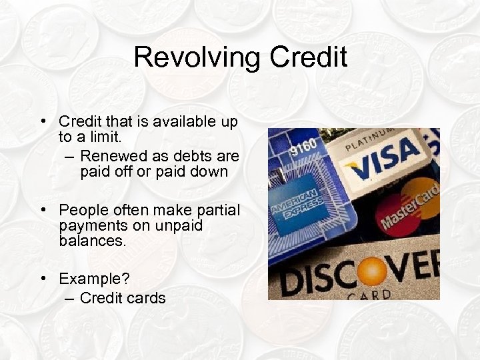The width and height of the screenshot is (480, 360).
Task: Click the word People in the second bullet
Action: click(x=82, y=211)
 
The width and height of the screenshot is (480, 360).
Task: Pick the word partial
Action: click(x=217, y=211)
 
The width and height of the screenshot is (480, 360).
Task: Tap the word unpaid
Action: click(x=179, y=225)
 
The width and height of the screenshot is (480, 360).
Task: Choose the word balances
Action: click(x=92, y=241)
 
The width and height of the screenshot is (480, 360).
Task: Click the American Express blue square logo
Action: click(x=294, y=211)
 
